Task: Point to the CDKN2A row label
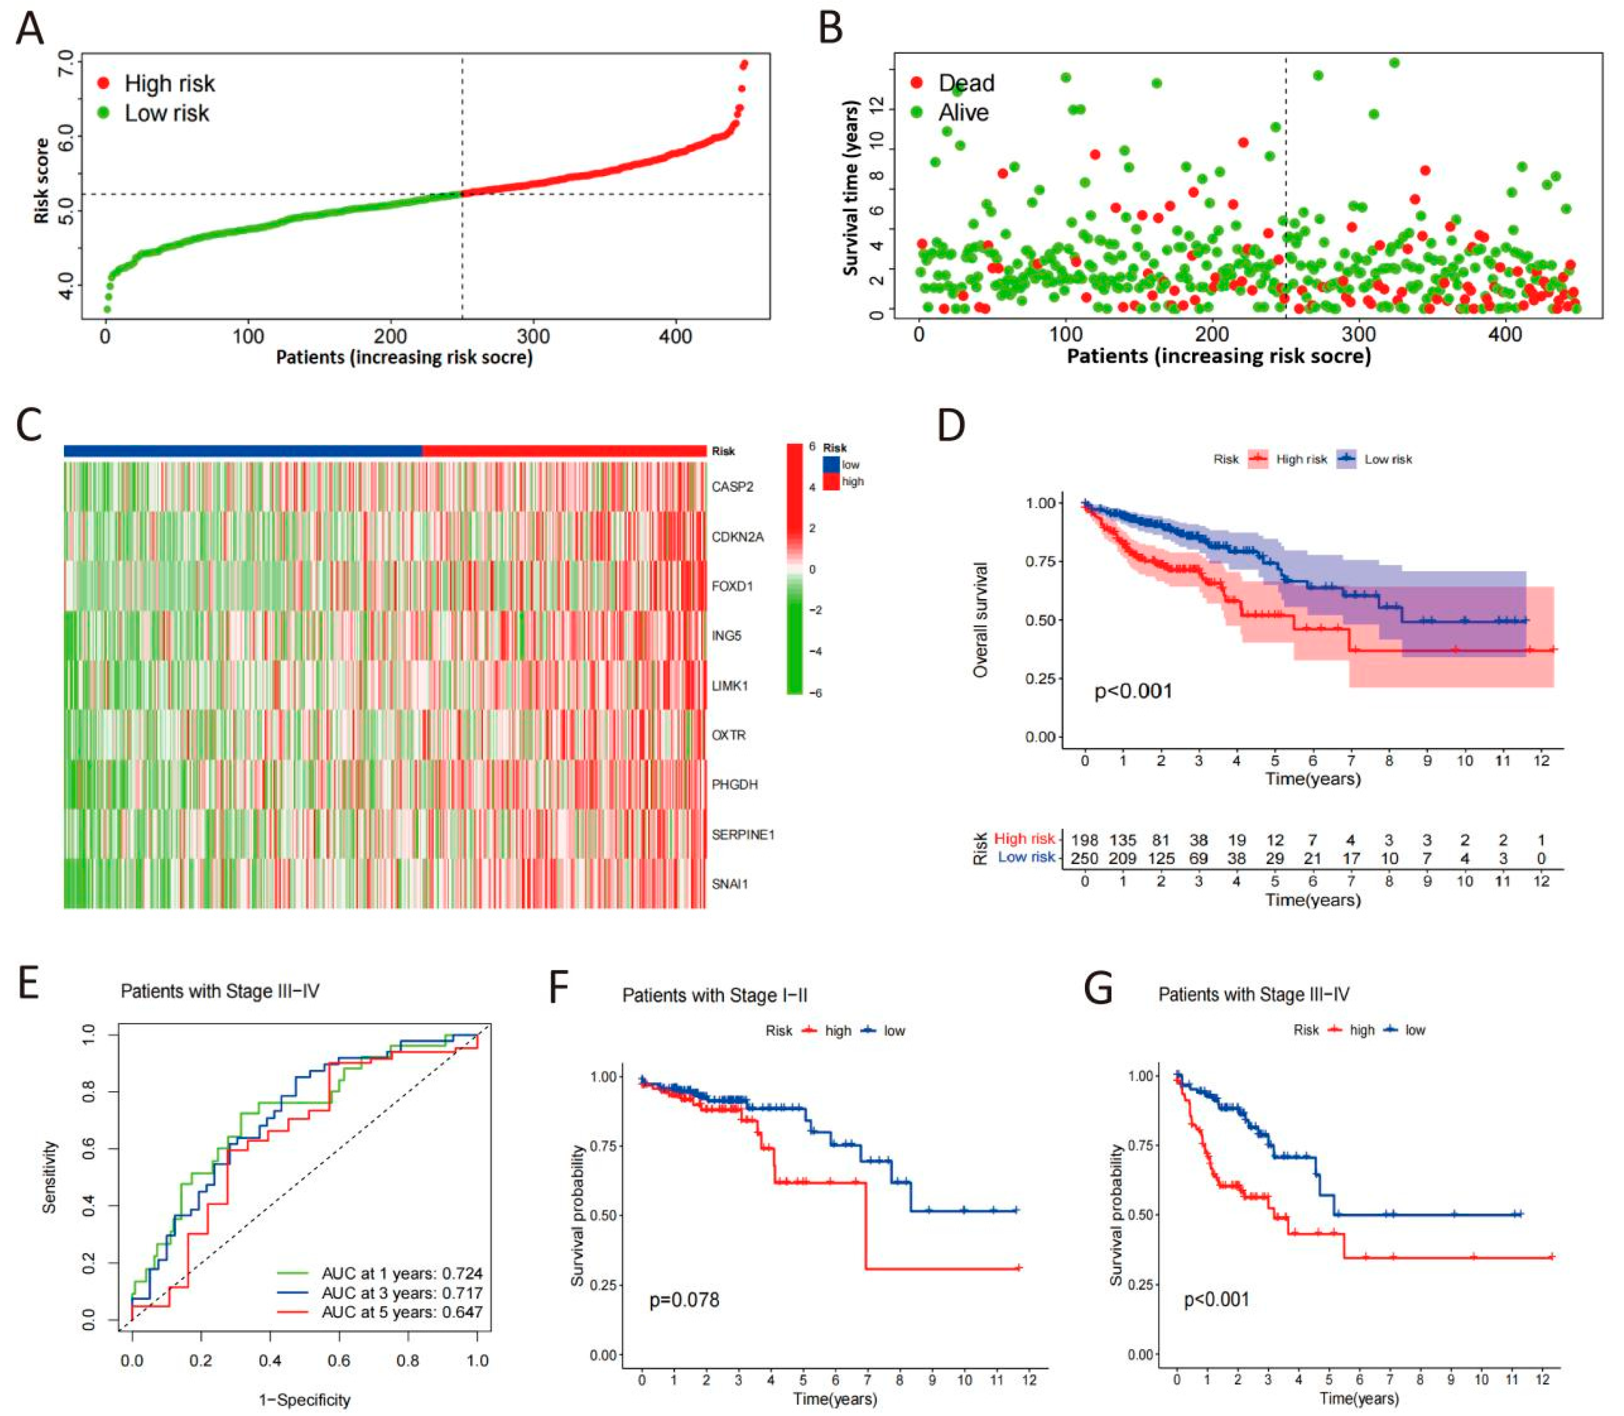pos(737,538)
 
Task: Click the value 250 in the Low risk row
pos(1084,858)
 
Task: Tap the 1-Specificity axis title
pos(304,1400)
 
